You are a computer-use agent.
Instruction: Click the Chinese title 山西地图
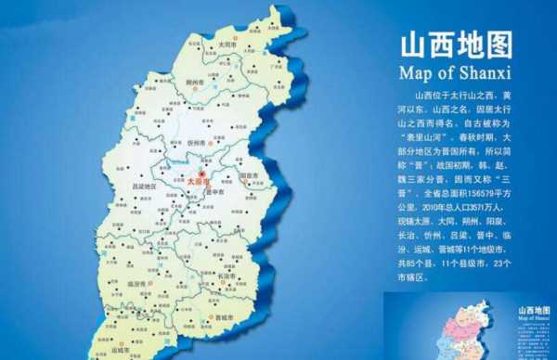point(455,45)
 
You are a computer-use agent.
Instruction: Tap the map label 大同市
point(227,44)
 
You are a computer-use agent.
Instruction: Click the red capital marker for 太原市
point(203,173)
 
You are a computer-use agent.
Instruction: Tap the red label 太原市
point(199,183)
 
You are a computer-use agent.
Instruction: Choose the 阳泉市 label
point(248,174)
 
